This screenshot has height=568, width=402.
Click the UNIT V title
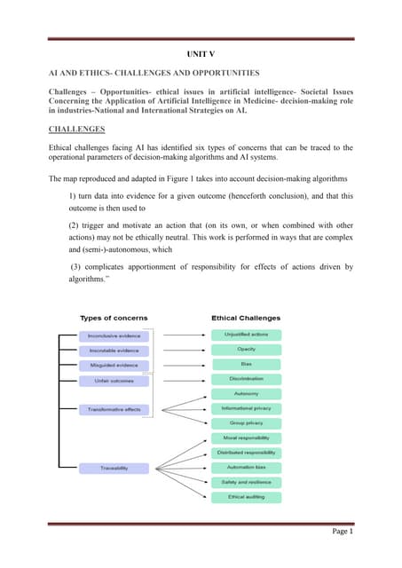pyautogui.click(x=200, y=53)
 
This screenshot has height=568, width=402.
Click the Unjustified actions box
pyautogui.click(x=246, y=335)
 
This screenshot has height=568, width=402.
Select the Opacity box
pyautogui.click(x=246, y=350)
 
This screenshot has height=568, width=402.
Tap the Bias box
pyautogui.click(x=246, y=364)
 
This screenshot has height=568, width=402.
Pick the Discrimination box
pyautogui.click(x=246, y=379)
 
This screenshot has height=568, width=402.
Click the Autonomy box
pyautogui.click(x=246, y=393)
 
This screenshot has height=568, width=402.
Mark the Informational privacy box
pyautogui.click(x=246, y=408)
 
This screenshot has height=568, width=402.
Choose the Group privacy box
pyautogui.click(x=246, y=423)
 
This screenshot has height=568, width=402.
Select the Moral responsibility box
pyautogui.click(x=246, y=438)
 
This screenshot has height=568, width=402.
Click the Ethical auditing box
pyautogui.click(x=246, y=497)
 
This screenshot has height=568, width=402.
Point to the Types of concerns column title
pyautogui.click(x=114, y=317)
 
